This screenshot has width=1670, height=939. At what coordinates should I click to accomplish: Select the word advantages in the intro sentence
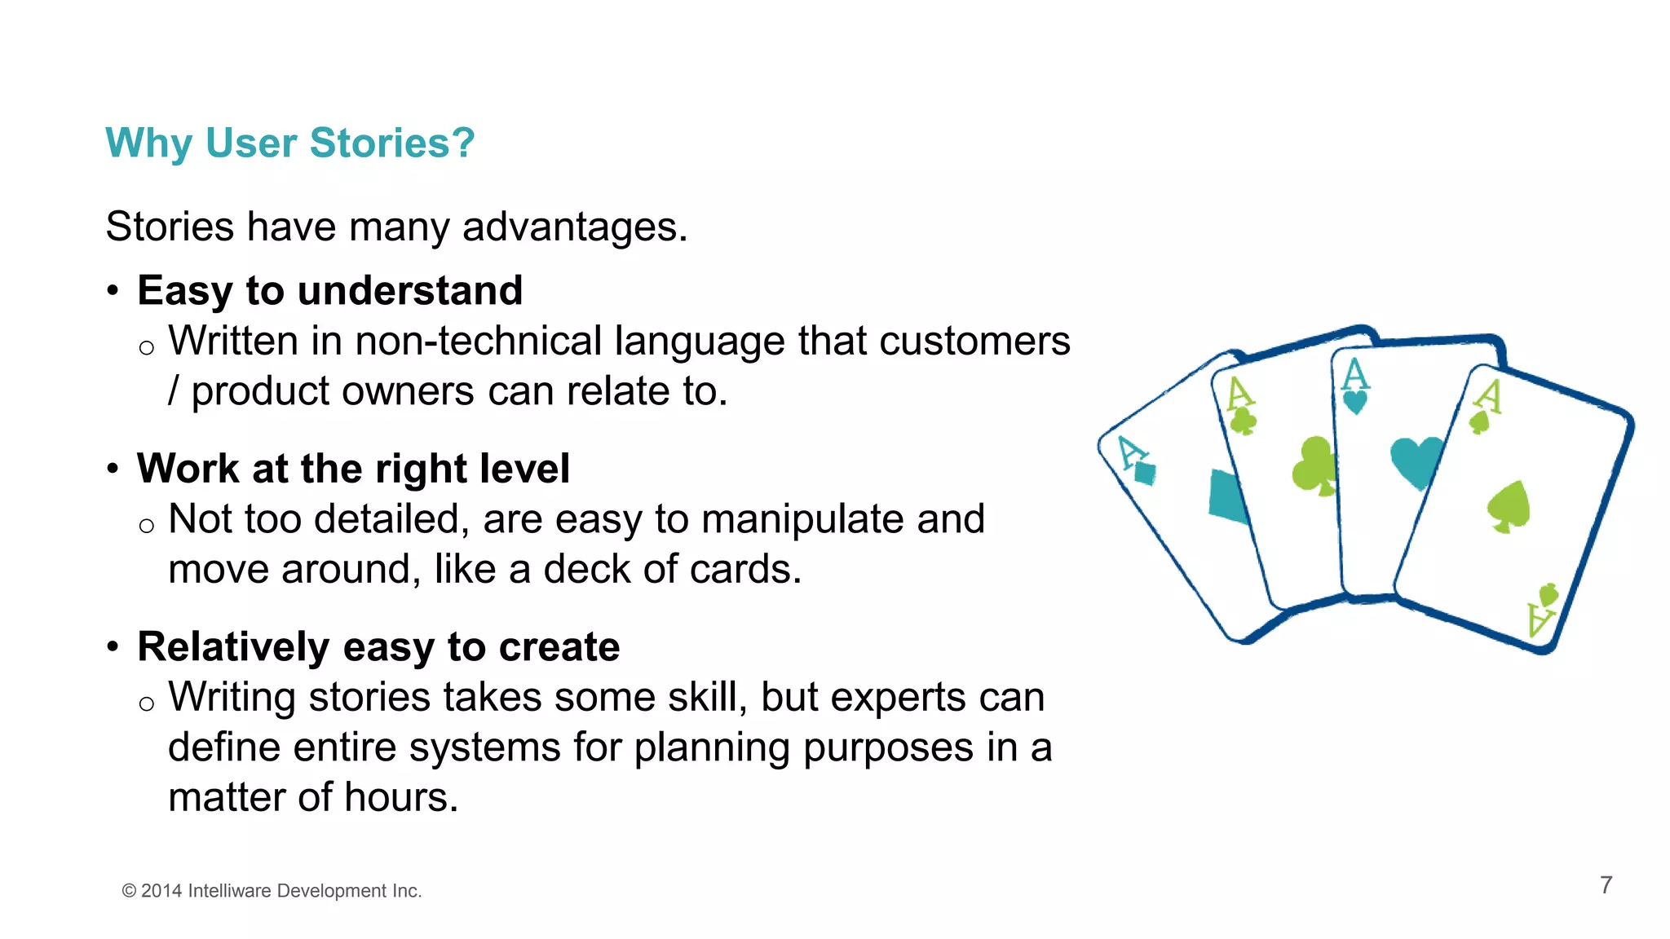[x=574, y=227]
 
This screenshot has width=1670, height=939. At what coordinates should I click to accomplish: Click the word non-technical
[x=478, y=341]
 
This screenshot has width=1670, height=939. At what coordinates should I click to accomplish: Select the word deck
[x=586, y=569]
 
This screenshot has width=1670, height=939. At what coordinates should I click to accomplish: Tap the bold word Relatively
[x=233, y=647]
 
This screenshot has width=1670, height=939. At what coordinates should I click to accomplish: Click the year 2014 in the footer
[x=161, y=891]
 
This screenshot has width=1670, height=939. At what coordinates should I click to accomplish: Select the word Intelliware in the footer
[x=229, y=891]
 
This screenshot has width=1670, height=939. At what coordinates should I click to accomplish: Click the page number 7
[x=1606, y=885]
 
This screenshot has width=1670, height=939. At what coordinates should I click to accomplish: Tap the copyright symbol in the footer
[x=129, y=891]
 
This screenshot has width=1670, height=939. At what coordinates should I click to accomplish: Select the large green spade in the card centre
[x=1509, y=506]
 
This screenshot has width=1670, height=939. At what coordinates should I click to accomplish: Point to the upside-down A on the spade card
[x=1540, y=619]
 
